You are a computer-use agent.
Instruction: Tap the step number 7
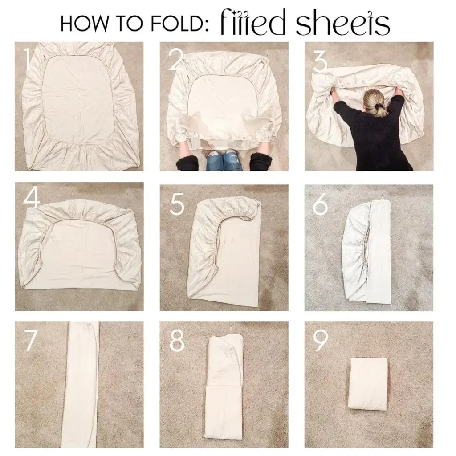coord(29,341)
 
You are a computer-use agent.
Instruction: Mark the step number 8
coord(177,341)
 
